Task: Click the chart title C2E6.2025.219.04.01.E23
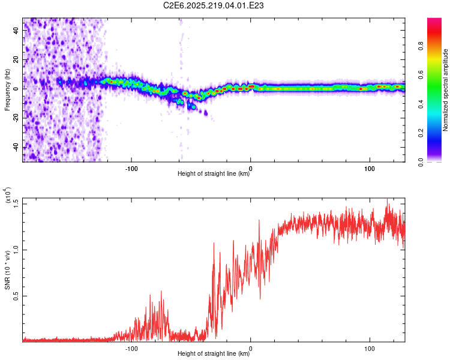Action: [213, 5]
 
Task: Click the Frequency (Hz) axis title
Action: [7, 89]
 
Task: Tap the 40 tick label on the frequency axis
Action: [16, 31]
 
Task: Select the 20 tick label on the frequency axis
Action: [16, 60]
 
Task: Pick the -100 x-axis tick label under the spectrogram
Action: [131, 169]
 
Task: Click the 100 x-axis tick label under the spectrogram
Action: [370, 169]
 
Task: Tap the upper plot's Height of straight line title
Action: [214, 173]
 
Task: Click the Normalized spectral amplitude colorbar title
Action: [445, 90]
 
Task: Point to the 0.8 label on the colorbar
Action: [421, 46]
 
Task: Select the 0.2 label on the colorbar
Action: [421, 133]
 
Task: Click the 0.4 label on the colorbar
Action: [421, 104]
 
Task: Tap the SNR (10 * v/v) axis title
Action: [7, 270]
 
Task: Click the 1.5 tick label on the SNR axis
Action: [16, 204]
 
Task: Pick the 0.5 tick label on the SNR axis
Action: [16, 296]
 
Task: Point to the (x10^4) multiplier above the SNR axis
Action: [8, 194]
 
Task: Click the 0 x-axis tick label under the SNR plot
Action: [251, 349]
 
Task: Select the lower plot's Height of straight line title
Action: [214, 353]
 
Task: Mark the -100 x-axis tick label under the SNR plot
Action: [131, 349]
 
